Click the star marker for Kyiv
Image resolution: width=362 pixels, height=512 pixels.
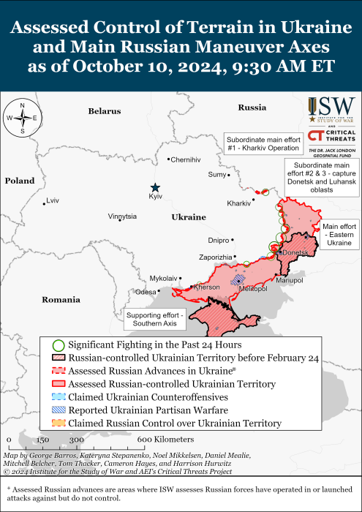155,188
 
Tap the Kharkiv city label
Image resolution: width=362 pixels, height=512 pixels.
239,203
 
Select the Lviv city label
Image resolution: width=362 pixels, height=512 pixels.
52,200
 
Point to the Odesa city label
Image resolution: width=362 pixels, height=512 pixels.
146,292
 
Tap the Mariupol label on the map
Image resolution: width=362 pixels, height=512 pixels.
290,280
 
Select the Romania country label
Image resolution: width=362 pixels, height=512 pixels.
61,300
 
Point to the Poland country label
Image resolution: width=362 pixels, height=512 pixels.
19,181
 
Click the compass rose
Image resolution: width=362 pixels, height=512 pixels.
23,118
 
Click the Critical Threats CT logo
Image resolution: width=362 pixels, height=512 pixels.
331,136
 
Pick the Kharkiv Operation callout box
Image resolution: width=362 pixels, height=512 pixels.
263,143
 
